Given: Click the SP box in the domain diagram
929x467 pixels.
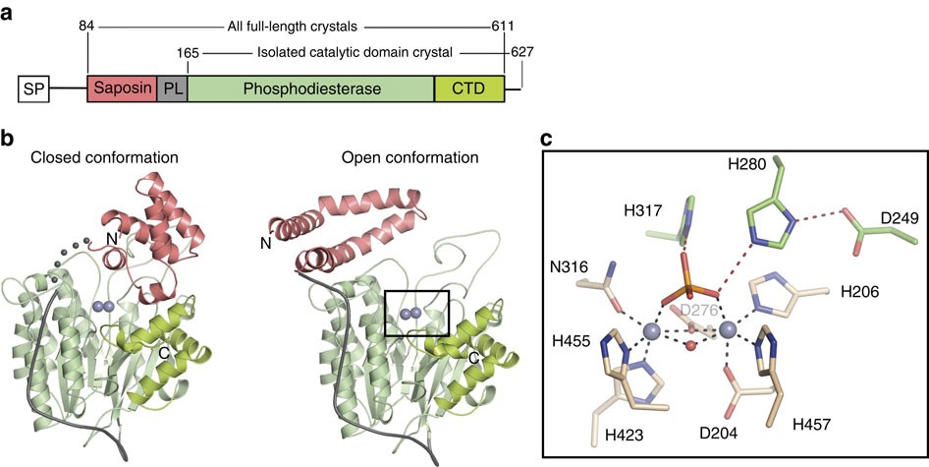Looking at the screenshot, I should click(x=35, y=90).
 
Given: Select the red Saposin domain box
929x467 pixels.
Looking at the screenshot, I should click(x=122, y=89).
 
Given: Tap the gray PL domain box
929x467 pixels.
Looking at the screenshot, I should click(x=172, y=89).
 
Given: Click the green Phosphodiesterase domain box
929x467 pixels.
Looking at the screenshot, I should click(x=310, y=89).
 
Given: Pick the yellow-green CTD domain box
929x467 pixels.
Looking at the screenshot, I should click(x=469, y=89).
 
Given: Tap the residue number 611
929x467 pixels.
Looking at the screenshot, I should click(x=504, y=24).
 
